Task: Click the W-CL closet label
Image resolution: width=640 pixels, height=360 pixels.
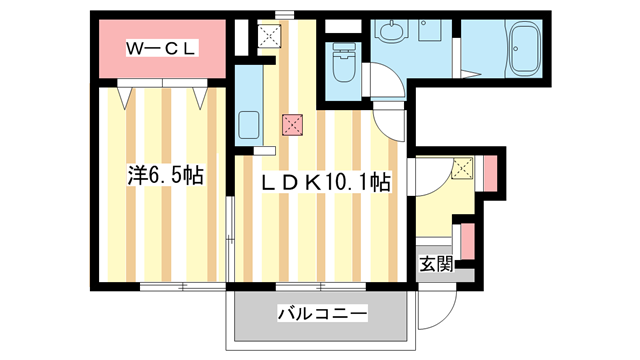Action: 163,48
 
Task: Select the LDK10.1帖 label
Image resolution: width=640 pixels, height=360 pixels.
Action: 325,183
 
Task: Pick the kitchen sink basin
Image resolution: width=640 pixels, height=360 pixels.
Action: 249,126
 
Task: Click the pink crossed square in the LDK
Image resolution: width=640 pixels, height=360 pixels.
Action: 291,125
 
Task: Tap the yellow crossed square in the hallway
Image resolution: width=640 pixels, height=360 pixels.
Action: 463,169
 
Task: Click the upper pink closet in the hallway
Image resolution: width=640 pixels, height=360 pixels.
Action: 489,172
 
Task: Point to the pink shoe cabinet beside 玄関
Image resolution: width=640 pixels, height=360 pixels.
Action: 467,241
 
